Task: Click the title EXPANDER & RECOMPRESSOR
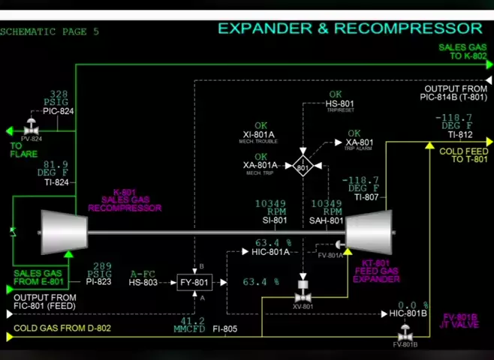coord(350,28)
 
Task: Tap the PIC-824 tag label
coord(59,112)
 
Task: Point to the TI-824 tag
coord(56,182)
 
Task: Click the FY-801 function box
coord(194,283)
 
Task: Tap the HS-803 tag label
coord(143,283)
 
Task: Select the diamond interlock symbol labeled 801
coord(303,166)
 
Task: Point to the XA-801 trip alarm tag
coord(360,142)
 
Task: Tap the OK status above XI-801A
coord(261,126)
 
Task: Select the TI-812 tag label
coord(460,135)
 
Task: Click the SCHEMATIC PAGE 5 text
coord(50,31)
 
